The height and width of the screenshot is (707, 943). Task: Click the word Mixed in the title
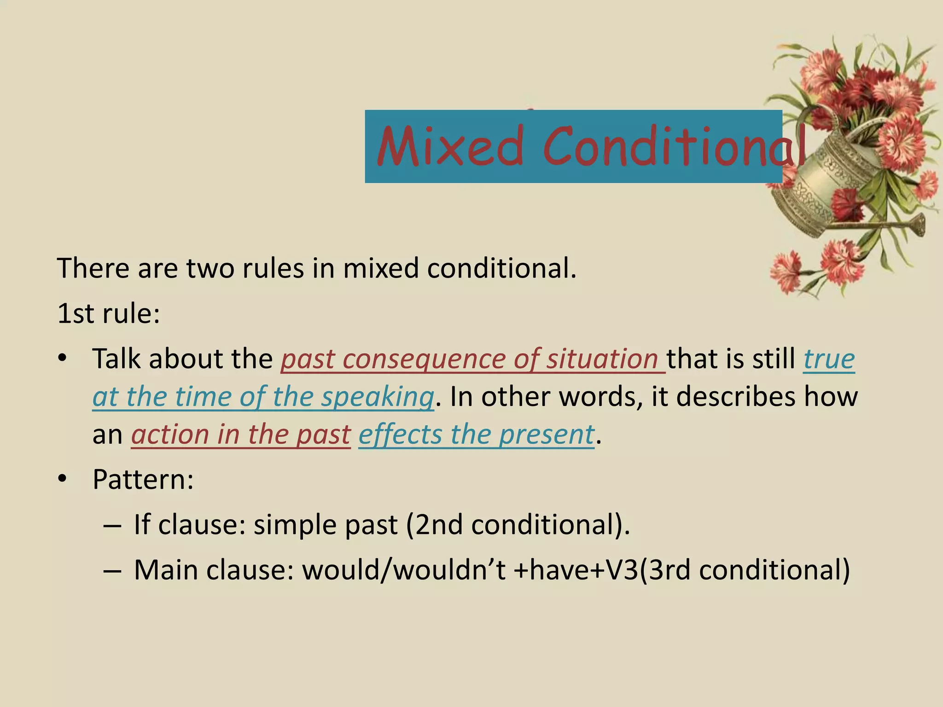click(450, 147)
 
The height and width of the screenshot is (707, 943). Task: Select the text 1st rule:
click(109, 314)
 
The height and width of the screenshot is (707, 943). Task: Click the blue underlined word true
click(829, 359)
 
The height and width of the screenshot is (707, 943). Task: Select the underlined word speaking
click(377, 397)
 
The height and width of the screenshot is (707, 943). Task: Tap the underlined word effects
click(400, 435)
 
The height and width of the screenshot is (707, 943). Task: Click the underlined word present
click(547, 435)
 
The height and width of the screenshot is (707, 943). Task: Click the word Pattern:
click(143, 480)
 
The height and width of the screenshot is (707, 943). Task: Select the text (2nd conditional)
click(518, 525)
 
